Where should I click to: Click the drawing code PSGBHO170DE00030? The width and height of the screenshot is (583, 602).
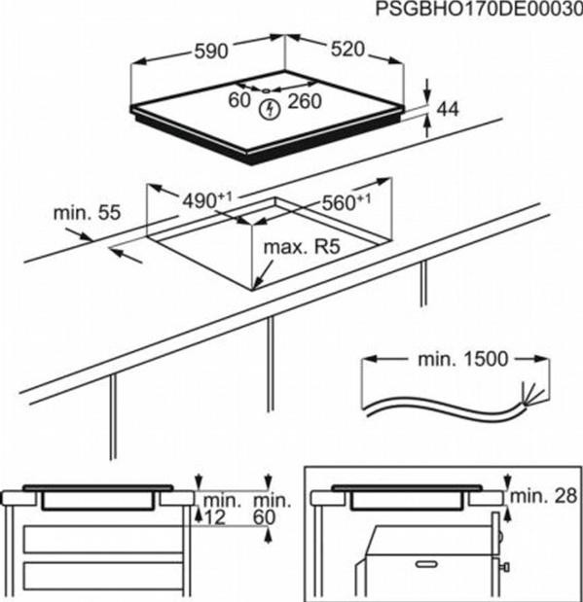[479, 9]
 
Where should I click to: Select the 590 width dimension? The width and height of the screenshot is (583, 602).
[211, 52]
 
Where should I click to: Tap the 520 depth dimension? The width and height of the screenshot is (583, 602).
[347, 50]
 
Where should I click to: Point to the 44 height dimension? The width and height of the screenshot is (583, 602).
[448, 110]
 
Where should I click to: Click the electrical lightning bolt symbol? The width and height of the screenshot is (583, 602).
[270, 109]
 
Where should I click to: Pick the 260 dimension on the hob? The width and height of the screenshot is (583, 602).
[305, 101]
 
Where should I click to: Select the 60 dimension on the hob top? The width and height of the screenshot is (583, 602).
[239, 100]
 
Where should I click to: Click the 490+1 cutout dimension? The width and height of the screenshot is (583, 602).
[206, 200]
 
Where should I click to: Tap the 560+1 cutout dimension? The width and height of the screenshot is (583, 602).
[346, 202]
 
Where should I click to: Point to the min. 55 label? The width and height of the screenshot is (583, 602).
[87, 213]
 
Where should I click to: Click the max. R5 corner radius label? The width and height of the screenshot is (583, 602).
[302, 247]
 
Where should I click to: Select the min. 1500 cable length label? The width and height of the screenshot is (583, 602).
[462, 360]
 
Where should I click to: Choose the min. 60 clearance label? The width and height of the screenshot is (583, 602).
[272, 509]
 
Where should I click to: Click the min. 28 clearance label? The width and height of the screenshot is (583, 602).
[543, 496]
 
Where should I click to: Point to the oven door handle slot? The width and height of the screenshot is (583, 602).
[426, 564]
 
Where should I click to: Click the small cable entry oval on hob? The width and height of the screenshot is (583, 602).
[266, 91]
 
